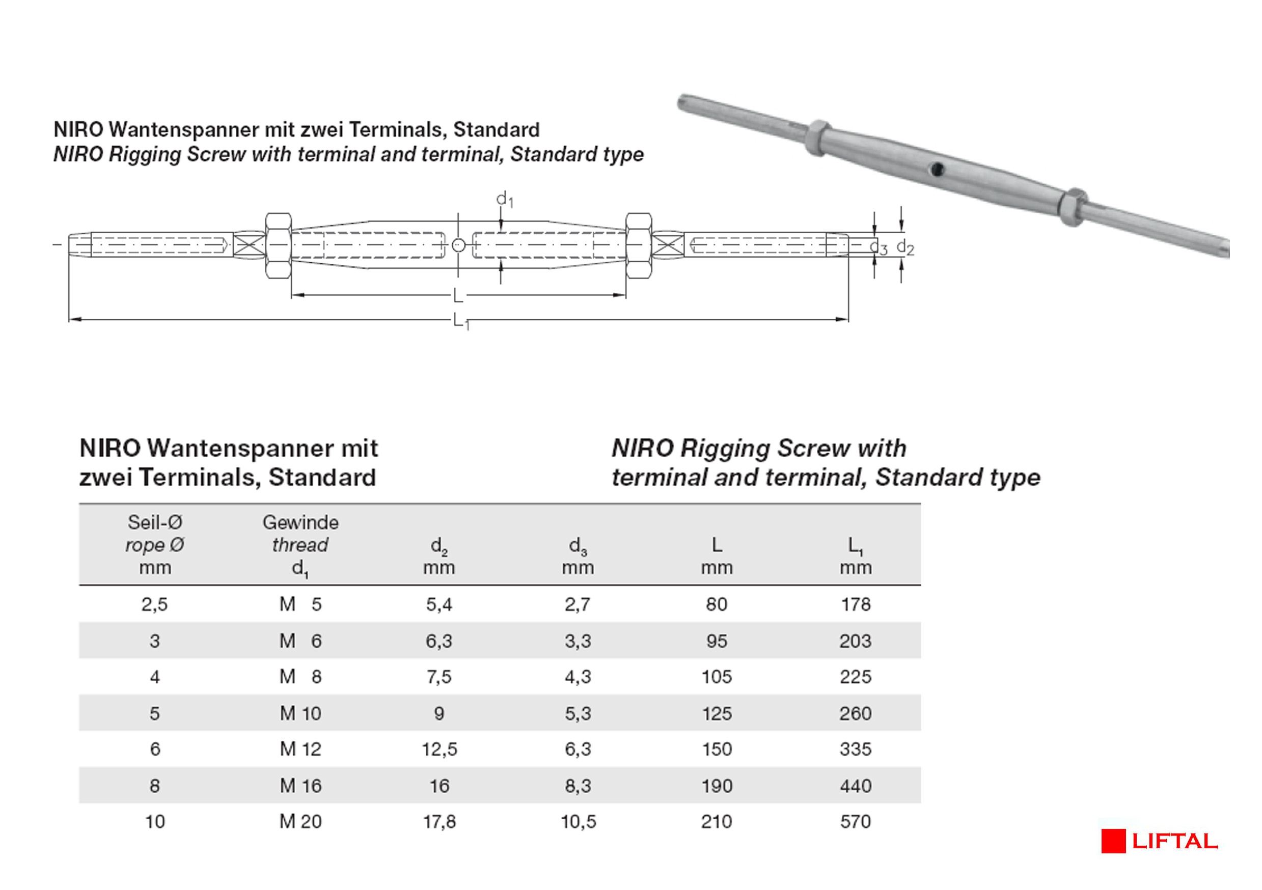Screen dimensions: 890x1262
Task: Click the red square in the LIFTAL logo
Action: [x=1113, y=841]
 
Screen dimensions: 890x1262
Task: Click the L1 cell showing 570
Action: [x=855, y=821]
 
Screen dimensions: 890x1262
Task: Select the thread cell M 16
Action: [x=300, y=786]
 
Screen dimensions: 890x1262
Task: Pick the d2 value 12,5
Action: [x=439, y=749]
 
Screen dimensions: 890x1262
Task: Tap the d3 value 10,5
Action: [x=578, y=821]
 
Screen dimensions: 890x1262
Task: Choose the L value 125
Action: [x=716, y=713]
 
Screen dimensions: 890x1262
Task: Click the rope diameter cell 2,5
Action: [x=154, y=604]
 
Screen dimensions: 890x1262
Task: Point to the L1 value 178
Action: [x=855, y=604]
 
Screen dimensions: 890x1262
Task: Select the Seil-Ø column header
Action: [x=154, y=522]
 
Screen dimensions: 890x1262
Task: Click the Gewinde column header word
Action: [x=300, y=522]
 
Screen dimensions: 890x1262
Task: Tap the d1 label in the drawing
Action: [x=505, y=200]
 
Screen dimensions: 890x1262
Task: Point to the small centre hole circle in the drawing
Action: [x=458, y=245]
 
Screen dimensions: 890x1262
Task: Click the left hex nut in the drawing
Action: [x=278, y=245]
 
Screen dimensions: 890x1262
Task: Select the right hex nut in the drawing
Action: [x=639, y=245]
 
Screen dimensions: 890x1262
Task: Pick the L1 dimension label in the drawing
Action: [x=460, y=321]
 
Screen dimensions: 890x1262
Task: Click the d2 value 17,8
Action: [x=439, y=821]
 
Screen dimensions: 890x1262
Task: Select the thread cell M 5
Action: [x=300, y=604]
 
